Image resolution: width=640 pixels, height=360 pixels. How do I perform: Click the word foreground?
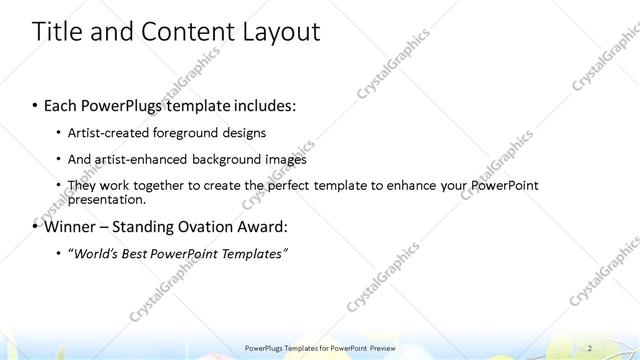pos(186,133)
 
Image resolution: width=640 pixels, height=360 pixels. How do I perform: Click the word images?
pos(286,159)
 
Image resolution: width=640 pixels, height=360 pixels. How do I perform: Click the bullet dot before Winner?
pos(36,227)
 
